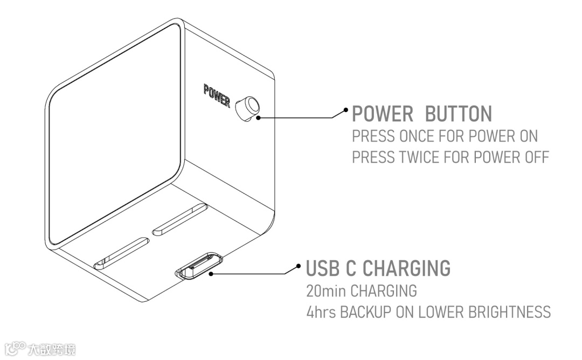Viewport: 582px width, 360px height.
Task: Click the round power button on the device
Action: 247,107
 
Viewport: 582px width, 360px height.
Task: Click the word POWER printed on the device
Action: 217,95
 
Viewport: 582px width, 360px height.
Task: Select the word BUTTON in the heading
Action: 459,114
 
